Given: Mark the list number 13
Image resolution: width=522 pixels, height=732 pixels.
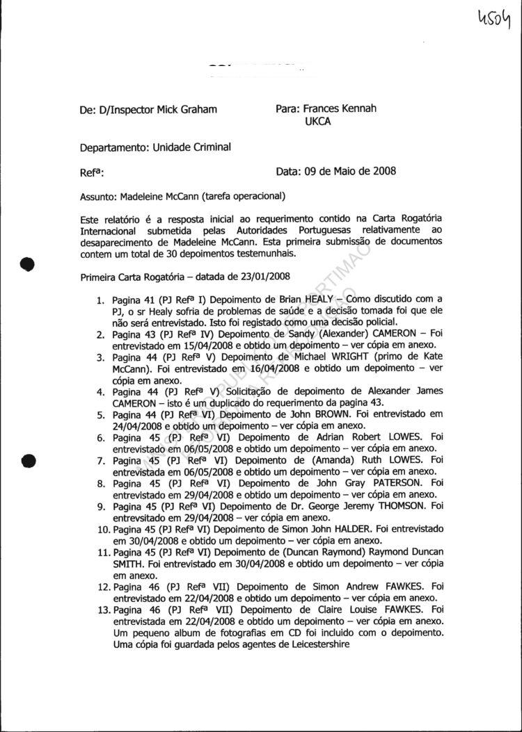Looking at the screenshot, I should pos(102,610).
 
